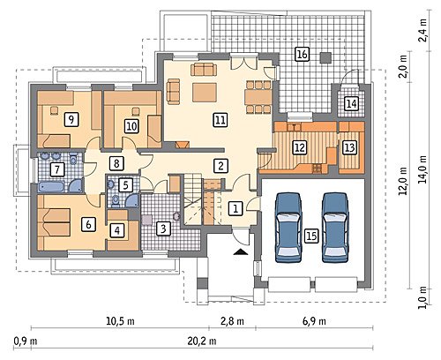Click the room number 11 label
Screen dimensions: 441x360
220,120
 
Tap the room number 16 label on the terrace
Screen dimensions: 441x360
302,54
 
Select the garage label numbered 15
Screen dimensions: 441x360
311,236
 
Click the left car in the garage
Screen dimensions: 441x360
288,228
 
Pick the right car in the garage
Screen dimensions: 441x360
335,228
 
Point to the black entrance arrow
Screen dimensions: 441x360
241,251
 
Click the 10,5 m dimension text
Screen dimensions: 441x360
120,321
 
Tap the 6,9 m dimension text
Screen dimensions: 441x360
314,321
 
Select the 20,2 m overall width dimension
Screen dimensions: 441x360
202,341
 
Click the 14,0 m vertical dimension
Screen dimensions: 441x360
423,169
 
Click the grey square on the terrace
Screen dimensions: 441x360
325,58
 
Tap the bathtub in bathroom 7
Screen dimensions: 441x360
52,187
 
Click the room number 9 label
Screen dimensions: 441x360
71,119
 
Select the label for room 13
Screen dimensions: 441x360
349,147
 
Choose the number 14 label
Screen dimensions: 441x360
351,103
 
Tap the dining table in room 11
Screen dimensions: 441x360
258,97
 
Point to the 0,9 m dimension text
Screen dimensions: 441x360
26,341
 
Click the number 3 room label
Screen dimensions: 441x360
163,229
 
